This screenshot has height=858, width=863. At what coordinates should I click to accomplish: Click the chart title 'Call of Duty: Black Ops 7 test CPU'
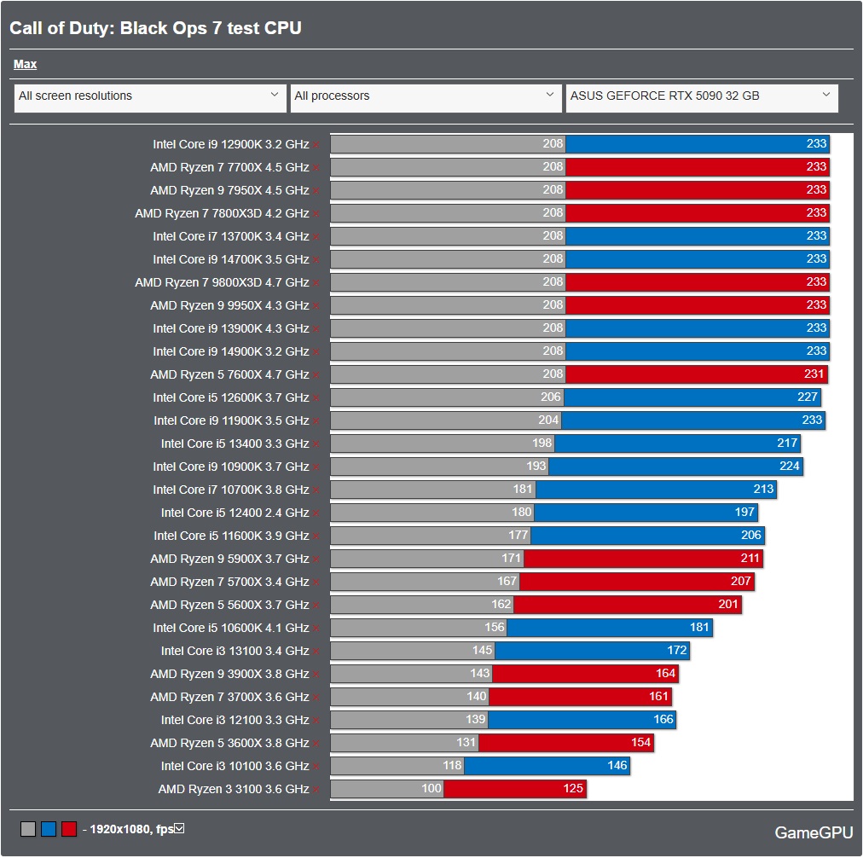point(155,28)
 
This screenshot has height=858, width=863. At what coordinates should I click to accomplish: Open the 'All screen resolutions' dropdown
point(150,96)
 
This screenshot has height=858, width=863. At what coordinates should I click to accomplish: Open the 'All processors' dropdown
point(426,96)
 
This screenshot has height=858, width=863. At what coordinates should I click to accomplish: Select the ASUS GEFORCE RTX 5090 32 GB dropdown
point(701,96)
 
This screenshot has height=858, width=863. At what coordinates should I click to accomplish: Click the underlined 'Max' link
point(25,64)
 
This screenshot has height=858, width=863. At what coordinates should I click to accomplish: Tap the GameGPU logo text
point(813,832)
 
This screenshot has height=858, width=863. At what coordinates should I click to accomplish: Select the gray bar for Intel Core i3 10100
point(388,766)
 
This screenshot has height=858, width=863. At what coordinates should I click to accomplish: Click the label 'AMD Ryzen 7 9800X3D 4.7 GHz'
point(222,282)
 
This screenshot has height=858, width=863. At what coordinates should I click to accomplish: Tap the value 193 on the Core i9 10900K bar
point(536,467)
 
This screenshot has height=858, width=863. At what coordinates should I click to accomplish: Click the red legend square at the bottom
point(69,829)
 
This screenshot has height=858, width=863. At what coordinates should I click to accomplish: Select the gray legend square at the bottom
point(28,829)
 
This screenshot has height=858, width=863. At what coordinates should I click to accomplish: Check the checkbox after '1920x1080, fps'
point(179,828)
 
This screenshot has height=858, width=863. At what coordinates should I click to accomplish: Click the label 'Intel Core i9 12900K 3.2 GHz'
point(230,144)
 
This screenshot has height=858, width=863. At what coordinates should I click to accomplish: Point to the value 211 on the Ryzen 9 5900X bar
point(749,559)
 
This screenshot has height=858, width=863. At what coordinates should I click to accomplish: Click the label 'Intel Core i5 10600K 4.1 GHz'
point(230,628)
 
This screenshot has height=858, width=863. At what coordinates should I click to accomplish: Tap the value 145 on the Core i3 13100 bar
point(482,651)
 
